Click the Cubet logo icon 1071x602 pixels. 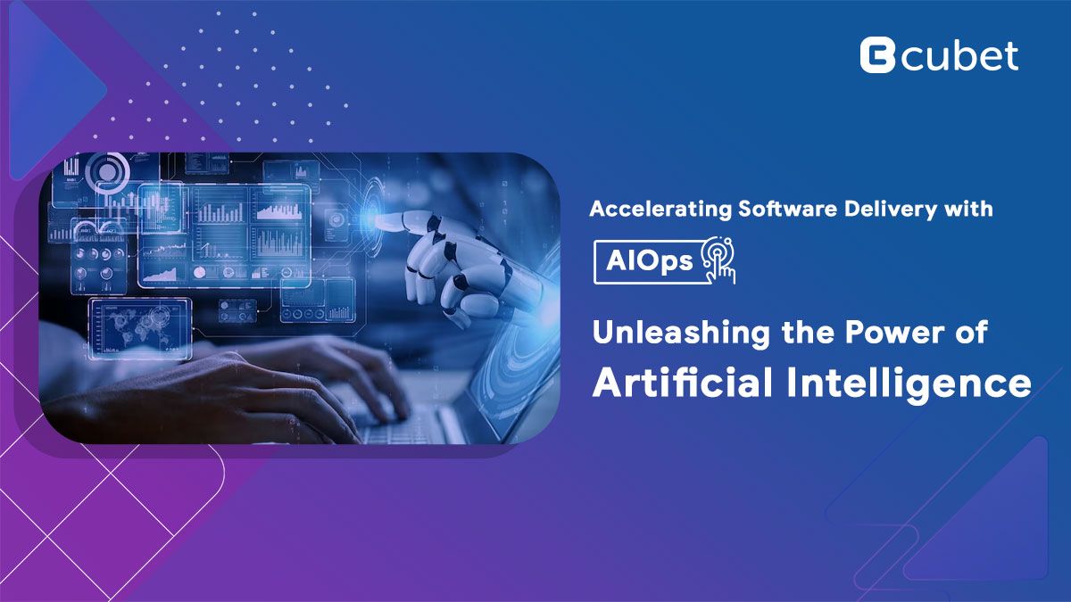tap(877, 55)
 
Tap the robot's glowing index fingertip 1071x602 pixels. tap(378, 219)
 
